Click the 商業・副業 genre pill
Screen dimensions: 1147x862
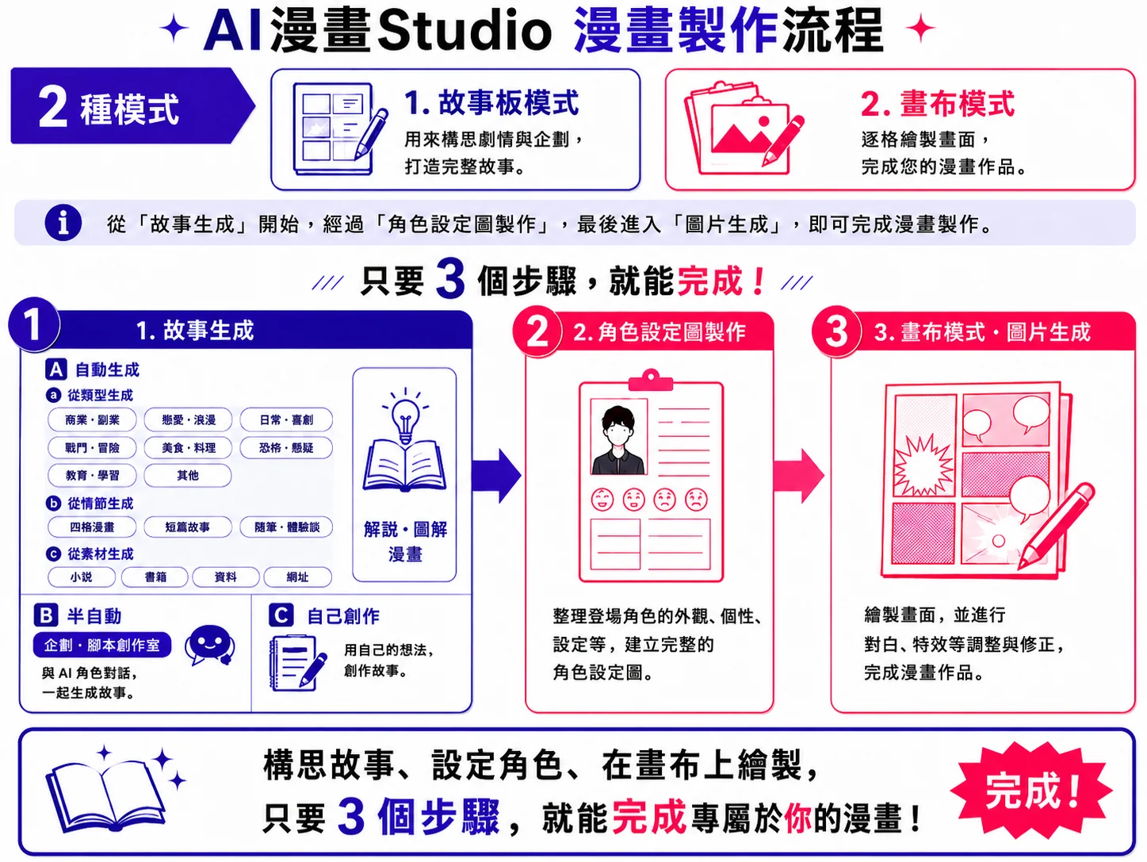click(x=92, y=420)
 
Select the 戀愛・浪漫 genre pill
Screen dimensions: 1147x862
click(x=188, y=420)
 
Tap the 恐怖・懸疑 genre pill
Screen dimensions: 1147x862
click(x=286, y=448)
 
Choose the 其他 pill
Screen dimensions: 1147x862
click(x=188, y=476)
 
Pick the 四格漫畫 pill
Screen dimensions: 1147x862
click(x=92, y=527)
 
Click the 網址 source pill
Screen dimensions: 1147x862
click(x=298, y=577)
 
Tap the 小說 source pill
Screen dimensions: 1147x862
click(x=82, y=577)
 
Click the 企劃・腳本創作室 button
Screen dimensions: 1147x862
click(x=102, y=645)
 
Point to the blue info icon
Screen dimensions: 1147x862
click(x=63, y=223)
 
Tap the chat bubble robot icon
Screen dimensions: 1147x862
click(x=210, y=645)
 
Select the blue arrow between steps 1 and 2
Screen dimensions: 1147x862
click(x=496, y=476)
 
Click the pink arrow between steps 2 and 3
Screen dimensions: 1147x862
click(x=798, y=476)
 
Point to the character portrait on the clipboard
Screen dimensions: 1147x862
click(x=619, y=437)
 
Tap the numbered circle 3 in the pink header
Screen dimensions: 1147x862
click(x=836, y=331)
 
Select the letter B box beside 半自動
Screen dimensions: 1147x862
click(x=46, y=615)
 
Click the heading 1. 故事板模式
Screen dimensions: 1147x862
click(x=491, y=102)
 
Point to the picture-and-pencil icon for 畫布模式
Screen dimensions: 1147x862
click(x=744, y=128)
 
